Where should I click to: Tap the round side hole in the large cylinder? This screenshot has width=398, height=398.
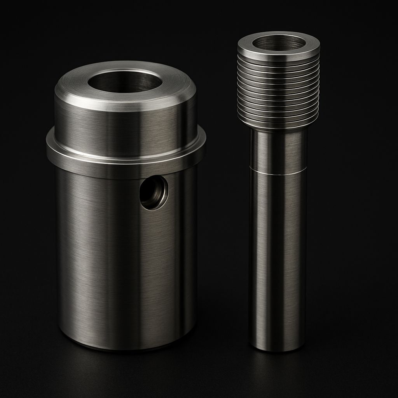[x=154, y=192]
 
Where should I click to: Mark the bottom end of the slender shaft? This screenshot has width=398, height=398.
[x=277, y=348]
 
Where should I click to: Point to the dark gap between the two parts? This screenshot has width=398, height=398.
[x=223, y=233]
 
